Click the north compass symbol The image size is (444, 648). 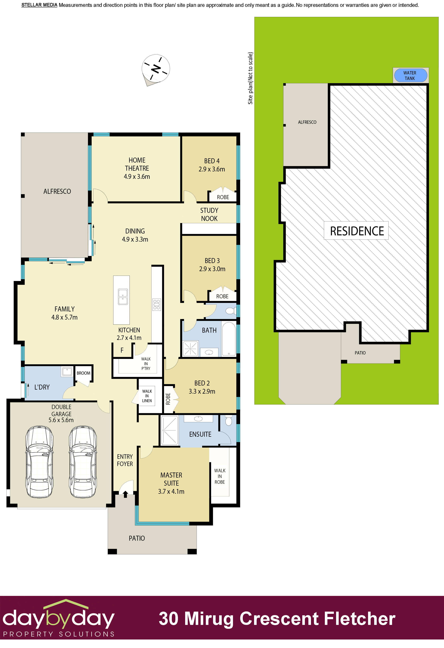[156, 68]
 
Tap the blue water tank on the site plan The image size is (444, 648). [410, 75]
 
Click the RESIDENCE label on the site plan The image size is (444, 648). [356, 231]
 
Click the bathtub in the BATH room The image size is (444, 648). [229, 339]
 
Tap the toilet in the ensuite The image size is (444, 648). [228, 421]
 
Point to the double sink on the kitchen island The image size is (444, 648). [123, 297]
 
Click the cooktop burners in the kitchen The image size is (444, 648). [156, 304]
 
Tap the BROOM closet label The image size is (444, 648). [83, 373]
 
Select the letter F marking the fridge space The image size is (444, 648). [122, 350]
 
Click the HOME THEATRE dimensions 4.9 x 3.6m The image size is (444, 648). [137, 176]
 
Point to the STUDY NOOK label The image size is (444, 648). [209, 214]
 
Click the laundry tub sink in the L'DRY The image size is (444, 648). [67, 371]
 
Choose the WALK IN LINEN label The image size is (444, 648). [147, 396]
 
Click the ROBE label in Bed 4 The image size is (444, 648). [223, 197]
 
